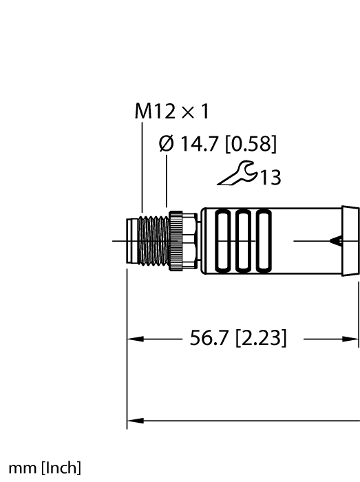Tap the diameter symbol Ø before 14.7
[166, 145]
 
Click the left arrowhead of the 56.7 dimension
[134, 339]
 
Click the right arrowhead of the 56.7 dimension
[352, 339]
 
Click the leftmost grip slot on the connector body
[225, 242]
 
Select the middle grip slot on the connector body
[244, 242]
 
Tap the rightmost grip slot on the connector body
[262, 242]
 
